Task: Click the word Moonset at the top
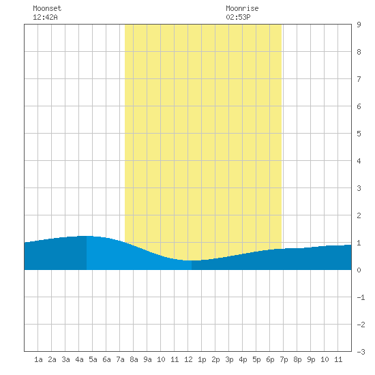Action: point(47,8)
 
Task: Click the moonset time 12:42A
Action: point(45,17)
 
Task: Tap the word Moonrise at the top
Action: point(242,8)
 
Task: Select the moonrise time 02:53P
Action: point(238,17)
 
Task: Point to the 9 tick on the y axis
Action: point(359,25)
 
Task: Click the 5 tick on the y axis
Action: point(359,134)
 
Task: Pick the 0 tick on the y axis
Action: point(359,270)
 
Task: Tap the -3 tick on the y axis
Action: point(361,352)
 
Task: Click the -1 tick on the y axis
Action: point(361,297)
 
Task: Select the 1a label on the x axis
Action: point(38,359)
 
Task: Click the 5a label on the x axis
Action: point(93,359)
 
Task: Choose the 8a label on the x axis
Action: point(134,359)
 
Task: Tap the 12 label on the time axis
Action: point(188,359)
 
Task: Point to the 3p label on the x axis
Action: point(229,359)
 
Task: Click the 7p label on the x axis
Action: point(284,359)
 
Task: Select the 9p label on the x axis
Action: point(311,359)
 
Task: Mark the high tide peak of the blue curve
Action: point(87,236)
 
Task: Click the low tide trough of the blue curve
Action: point(192,260)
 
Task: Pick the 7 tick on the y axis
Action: point(359,79)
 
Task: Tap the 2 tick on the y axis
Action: point(359,215)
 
